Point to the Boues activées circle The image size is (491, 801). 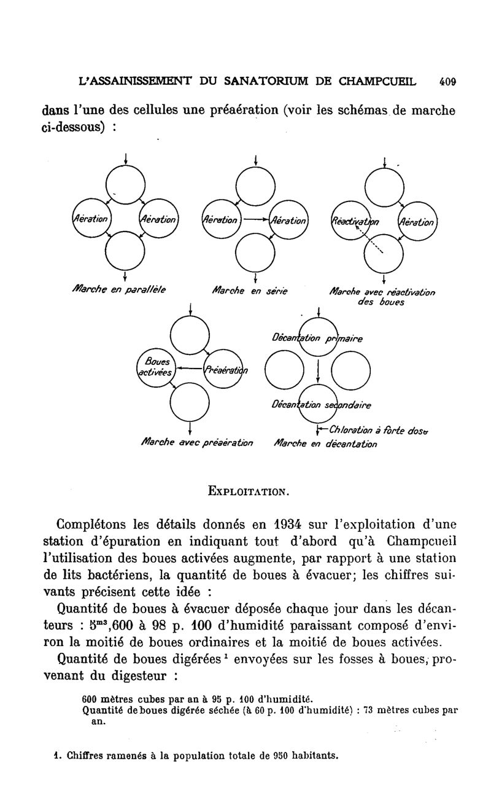156,369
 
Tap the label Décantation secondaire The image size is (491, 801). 321,405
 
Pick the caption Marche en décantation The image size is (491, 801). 325,443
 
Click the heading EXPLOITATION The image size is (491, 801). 247,491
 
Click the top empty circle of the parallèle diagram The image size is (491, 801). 125,184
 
